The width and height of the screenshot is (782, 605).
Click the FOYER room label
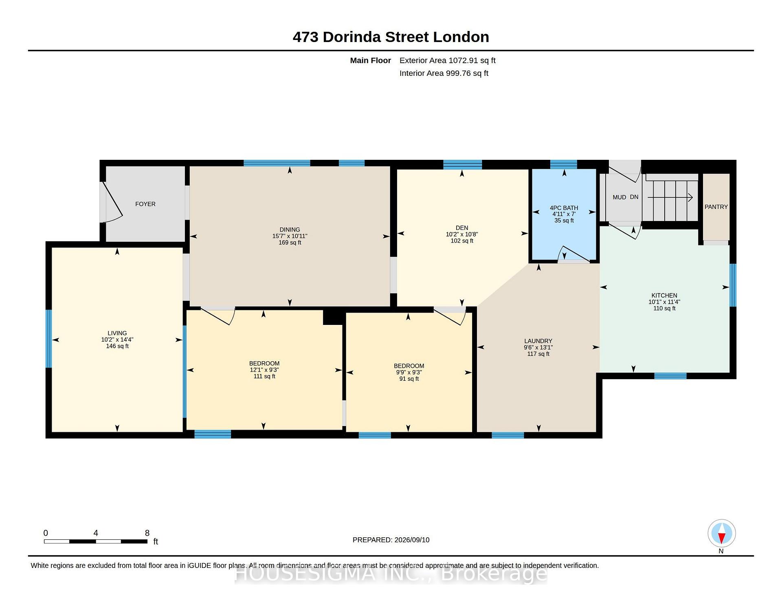click(145, 204)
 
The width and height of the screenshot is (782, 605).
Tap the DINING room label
click(290, 230)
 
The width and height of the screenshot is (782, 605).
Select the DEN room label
click(462, 228)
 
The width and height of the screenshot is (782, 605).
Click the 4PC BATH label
click(564, 208)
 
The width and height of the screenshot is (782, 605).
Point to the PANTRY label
click(716, 207)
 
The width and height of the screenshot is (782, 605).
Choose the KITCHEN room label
click(664, 296)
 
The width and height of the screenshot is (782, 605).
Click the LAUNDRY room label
click(538, 341)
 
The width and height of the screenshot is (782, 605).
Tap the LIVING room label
click(117, 333)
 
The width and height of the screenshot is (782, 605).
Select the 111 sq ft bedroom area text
click(264, 376)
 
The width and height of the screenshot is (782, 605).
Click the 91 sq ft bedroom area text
click(409, 379)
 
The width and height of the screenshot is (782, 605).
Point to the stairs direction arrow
click(670, 197)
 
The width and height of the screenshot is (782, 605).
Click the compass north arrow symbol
click(721, 533)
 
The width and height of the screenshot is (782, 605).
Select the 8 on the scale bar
click(147, 533)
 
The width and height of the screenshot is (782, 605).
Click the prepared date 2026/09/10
click(412, 540)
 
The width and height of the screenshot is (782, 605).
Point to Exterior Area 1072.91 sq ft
click(448, 60)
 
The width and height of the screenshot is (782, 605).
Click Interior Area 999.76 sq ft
click(444, 73)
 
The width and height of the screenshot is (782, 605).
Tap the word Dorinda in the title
click(352, 37)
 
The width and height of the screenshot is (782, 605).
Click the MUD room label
click(619, 197)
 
